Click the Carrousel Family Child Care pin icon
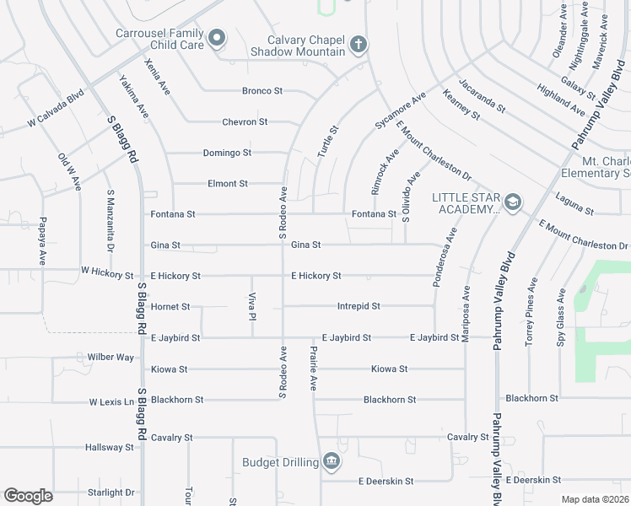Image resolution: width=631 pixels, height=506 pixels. point(217,37)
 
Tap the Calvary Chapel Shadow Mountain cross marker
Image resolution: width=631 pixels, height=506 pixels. point(358,44)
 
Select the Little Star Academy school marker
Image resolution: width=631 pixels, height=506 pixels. point(512,202)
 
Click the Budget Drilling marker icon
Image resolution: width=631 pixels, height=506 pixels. point(331,461)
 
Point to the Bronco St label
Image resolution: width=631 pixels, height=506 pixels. point(262,90)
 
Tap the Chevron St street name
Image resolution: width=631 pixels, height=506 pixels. point(245,121)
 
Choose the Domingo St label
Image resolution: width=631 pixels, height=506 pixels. point(227,153)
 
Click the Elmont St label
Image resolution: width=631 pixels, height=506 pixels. point(228,183)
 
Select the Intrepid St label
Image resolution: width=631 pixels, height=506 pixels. point(359,306)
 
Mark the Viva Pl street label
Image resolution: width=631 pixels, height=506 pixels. point(251,306)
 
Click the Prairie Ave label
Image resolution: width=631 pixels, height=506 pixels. point(312,368)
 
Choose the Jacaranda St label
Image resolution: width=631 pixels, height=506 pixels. point(481,96)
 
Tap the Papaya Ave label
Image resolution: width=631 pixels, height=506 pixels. point(41,241)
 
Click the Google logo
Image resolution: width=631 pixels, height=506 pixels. point(28,496)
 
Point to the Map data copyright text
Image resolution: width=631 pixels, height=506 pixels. point(595,499)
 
